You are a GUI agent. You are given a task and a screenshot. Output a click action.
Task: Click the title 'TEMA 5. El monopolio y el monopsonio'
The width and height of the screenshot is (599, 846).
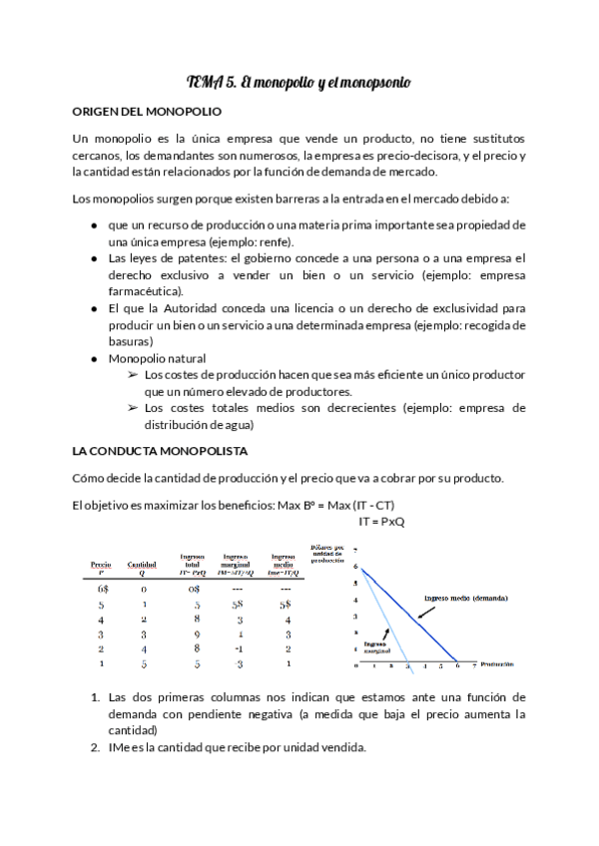click(299, 81)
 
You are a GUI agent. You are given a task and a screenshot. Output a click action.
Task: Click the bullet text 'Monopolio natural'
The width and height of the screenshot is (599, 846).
click(157, 358)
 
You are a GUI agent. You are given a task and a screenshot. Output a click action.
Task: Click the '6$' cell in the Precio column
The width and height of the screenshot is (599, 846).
click(102, 589)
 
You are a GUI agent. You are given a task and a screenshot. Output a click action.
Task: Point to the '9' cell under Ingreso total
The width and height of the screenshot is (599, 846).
click(198, 633)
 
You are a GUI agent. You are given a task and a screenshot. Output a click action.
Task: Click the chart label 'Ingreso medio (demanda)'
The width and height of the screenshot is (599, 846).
click(465, 598)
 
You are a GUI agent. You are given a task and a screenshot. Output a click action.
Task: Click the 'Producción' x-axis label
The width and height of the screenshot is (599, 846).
click(496, 663)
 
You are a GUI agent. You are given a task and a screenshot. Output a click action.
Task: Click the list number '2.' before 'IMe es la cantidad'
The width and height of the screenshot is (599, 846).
click(95, 749)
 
